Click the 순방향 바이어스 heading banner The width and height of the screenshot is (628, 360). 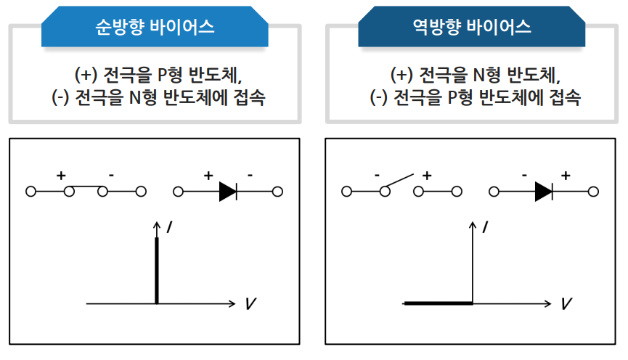pos(155,28)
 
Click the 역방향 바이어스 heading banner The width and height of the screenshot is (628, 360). pos(471,28)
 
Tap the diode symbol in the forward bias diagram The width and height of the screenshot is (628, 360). pos(227,192)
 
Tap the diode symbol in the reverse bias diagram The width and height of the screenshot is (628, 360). pos(544,192)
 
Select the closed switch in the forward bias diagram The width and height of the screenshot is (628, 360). pos(86,189)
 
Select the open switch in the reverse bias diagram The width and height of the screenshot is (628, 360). pos(401,183)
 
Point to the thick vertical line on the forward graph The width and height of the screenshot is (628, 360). pos(156,269)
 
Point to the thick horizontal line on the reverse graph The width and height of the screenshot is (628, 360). pos(438,303)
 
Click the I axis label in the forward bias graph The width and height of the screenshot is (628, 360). pos(169,228)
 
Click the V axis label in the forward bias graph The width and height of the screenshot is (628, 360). pos(250,303)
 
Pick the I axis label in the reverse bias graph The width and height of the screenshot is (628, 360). pos(485,228)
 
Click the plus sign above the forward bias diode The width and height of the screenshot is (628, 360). pos(208,175)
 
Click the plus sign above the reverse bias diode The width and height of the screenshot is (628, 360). pos(566,175)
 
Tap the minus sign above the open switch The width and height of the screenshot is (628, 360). pos(378,175)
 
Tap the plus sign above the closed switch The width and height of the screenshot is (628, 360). pos(61,175)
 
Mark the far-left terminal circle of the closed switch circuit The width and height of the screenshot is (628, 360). pos(31,192)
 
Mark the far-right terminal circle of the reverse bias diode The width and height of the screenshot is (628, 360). pos(593,192)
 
